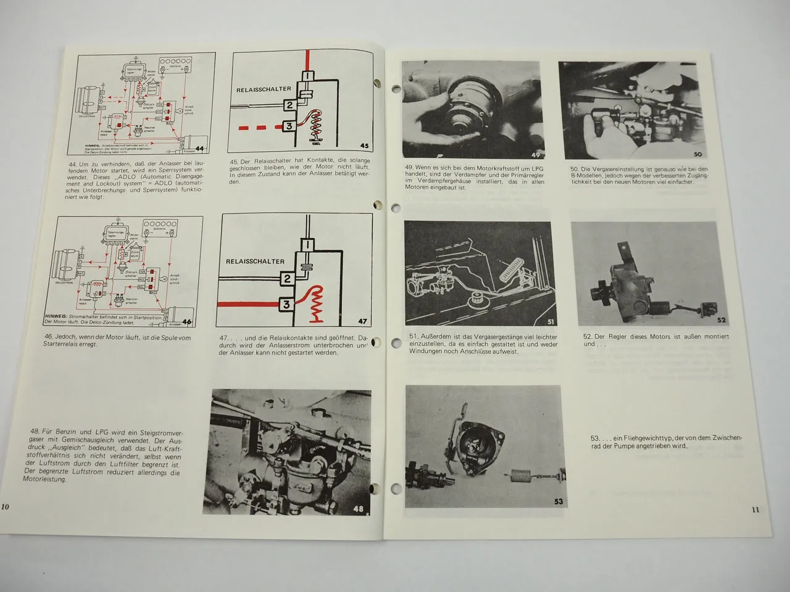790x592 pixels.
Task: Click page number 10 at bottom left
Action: (6, 507)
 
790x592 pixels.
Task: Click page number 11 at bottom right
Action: (755, 509)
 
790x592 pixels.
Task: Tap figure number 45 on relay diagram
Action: (364, 146)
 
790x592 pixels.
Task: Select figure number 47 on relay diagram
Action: (363, 321)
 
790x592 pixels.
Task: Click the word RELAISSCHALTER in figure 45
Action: (264, 89)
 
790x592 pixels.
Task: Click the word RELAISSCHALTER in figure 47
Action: (255, 261)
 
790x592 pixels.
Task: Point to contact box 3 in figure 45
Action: (288, 126)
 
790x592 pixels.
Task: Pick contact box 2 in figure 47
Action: (287, 279)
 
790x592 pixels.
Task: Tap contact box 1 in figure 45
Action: (307, 75)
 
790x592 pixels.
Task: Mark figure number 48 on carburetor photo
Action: (359, 509)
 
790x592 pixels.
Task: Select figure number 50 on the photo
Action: (698, 154)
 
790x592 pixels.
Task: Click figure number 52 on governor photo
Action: (721, 320)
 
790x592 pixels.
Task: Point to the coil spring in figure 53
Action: (521, 476)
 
